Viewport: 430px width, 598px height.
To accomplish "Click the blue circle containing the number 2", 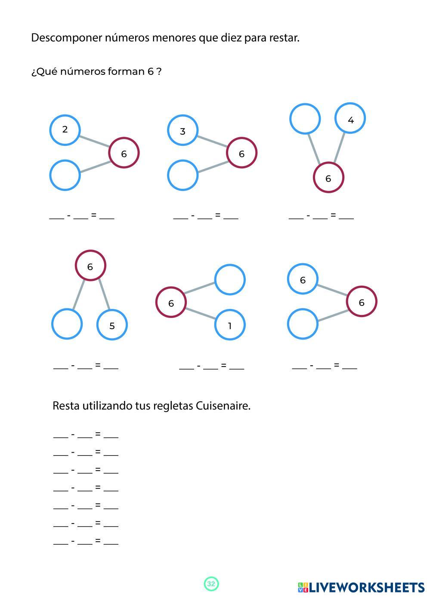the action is click(x=65, y=129).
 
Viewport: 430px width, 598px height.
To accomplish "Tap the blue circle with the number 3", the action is click(x=183, y=130).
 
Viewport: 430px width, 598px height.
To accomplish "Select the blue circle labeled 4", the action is click(x=350, y=118).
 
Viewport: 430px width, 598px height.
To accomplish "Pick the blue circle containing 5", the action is click(x=112, y=325).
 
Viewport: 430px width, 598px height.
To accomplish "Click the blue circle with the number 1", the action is click(x=229, y=325).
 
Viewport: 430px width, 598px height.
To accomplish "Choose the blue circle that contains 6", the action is click(x=303, y=280).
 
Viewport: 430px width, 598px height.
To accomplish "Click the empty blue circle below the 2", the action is click(x=65, y=175).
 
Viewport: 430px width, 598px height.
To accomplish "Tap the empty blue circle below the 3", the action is click(x=183, y=175).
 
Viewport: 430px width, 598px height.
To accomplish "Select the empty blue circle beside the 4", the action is click(x=305, y=118).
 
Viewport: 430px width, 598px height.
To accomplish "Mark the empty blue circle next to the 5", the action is click(x=67, y=324).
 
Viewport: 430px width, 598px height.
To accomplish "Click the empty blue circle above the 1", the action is click(x=229, y=280).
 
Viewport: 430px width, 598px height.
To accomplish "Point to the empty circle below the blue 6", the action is click(x=303, y=324).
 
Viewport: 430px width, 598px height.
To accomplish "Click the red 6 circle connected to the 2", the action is click(x=124, y=153).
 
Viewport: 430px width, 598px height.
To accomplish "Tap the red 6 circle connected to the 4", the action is click(x=328, y=177).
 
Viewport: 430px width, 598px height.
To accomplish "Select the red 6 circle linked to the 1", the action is click(x=171, y=302).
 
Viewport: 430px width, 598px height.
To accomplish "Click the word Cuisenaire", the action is click(x=223, y=406).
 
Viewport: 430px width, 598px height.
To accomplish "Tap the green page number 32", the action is click(x=211, y=584).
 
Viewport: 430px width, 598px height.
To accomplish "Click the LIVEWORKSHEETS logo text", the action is click(x=366, y=587).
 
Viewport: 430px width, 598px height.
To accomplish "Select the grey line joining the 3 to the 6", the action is click(x=212, y=142).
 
